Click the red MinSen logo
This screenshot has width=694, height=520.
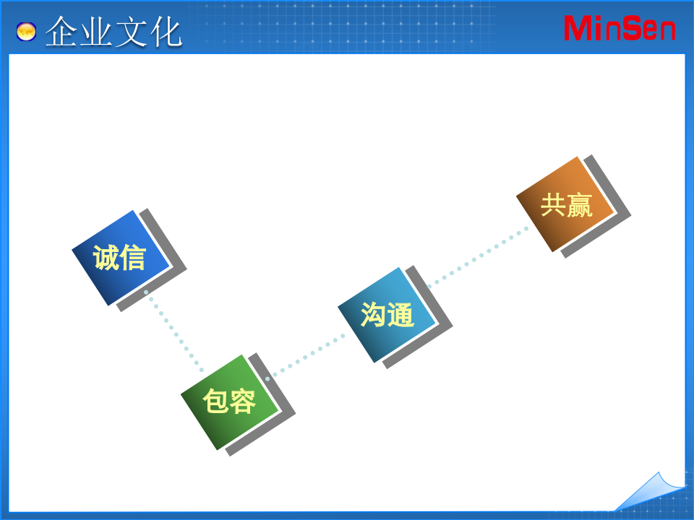tap(620, 28)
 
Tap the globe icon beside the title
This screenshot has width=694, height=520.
tap(27, 32)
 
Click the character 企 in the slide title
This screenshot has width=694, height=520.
tap(62, 32)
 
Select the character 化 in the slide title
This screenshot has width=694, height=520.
tap(165, 32)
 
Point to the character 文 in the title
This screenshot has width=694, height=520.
tap(131, 32)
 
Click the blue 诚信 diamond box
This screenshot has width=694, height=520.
tap(121, 258)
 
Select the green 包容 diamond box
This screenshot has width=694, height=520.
tap(229, 402)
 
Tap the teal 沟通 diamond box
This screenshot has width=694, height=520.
tap(387, 315)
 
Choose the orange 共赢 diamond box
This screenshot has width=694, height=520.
tap(566, 204)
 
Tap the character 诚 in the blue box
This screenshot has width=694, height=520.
tap(106, 258)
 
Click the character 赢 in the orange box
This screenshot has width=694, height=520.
tap(580, 205)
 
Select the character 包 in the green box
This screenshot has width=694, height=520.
tap(215, 402)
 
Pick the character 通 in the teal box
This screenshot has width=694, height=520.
tap(400, 315)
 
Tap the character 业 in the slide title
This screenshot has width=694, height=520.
tap(96, 32)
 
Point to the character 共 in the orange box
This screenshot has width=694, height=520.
tap(553, 205)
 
